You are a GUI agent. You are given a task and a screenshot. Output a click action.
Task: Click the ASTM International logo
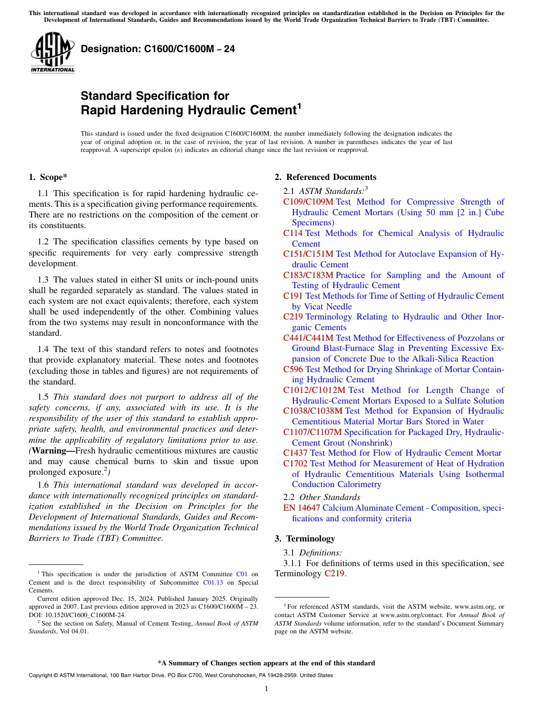click(52, 53)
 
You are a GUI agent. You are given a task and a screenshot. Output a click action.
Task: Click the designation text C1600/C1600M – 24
click(158, 49)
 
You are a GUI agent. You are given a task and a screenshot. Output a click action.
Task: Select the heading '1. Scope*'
click(48, 177)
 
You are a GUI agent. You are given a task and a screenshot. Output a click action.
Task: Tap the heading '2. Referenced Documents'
click(325, 177)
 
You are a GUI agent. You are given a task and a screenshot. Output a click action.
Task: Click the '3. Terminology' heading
click(305, 539)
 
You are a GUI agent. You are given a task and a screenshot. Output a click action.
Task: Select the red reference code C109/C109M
click(308, 202)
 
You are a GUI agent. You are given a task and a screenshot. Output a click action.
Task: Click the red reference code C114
click(293, 233)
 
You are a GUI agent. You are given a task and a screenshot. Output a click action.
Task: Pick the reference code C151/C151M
click(308, 254)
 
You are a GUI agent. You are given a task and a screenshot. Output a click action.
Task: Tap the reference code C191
click(293, 296)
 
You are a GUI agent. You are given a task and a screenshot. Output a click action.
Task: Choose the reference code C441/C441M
click(308, 338)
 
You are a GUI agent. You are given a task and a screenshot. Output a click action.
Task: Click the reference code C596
click(293, 369)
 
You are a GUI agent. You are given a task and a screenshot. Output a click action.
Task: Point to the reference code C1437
click(295, 453)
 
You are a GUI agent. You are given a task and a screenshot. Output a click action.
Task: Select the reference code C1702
click(295, 464)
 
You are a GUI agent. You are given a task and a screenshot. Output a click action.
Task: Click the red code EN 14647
click(302, 508)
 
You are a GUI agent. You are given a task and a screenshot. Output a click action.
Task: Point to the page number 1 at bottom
click(266, 689)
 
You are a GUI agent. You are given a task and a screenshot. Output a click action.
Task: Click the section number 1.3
click(43, 280)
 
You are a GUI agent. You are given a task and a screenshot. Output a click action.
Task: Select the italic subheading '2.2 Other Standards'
click(322, 497)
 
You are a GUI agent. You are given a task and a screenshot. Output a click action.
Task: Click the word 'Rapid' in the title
click(97, 110)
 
